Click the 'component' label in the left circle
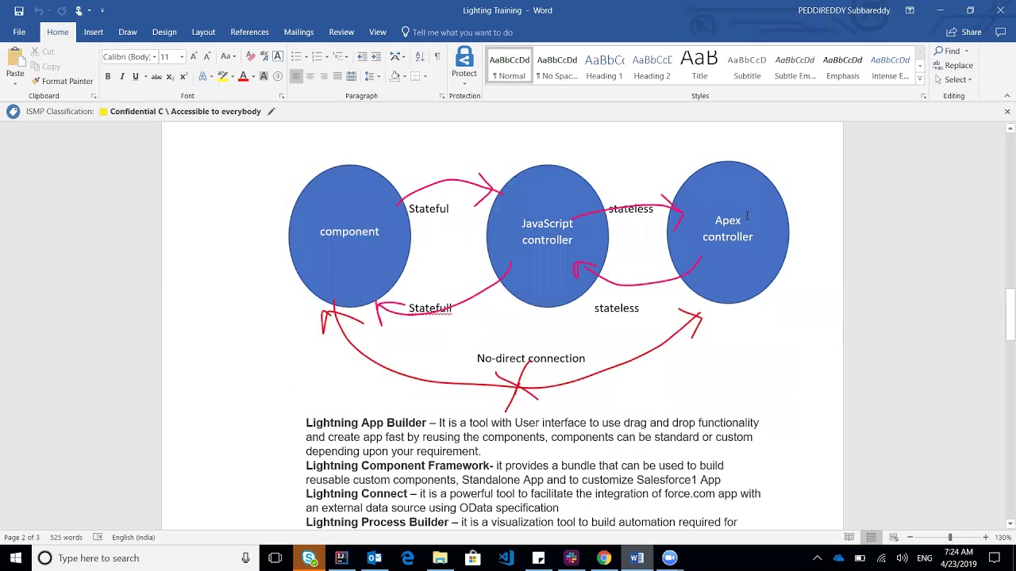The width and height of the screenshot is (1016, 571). coord(349,232)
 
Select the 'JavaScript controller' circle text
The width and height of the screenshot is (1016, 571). coord(547,232)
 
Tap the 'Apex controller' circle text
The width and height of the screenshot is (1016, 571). coord(728,228)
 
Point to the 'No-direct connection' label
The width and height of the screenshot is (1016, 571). coord(531,358)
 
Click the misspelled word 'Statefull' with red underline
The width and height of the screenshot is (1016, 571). coord(430,308)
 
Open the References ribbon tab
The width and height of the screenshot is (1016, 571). coord(249,33)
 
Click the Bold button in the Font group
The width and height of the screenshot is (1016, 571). coord(108,76)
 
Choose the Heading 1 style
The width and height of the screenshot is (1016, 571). coord(604,66)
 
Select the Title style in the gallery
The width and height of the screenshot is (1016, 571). coord(699,66)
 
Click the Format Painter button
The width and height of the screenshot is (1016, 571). coord(62,81)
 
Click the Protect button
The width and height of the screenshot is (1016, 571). coord(464,66)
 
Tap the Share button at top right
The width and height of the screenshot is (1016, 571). coord(964,33)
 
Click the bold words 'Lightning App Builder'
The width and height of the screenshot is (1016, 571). coord(366,423)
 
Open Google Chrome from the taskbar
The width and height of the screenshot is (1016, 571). coord(604,558)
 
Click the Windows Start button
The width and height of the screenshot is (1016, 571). coord(16,558)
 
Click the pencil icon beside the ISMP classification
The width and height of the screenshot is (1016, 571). coord(271,112)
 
